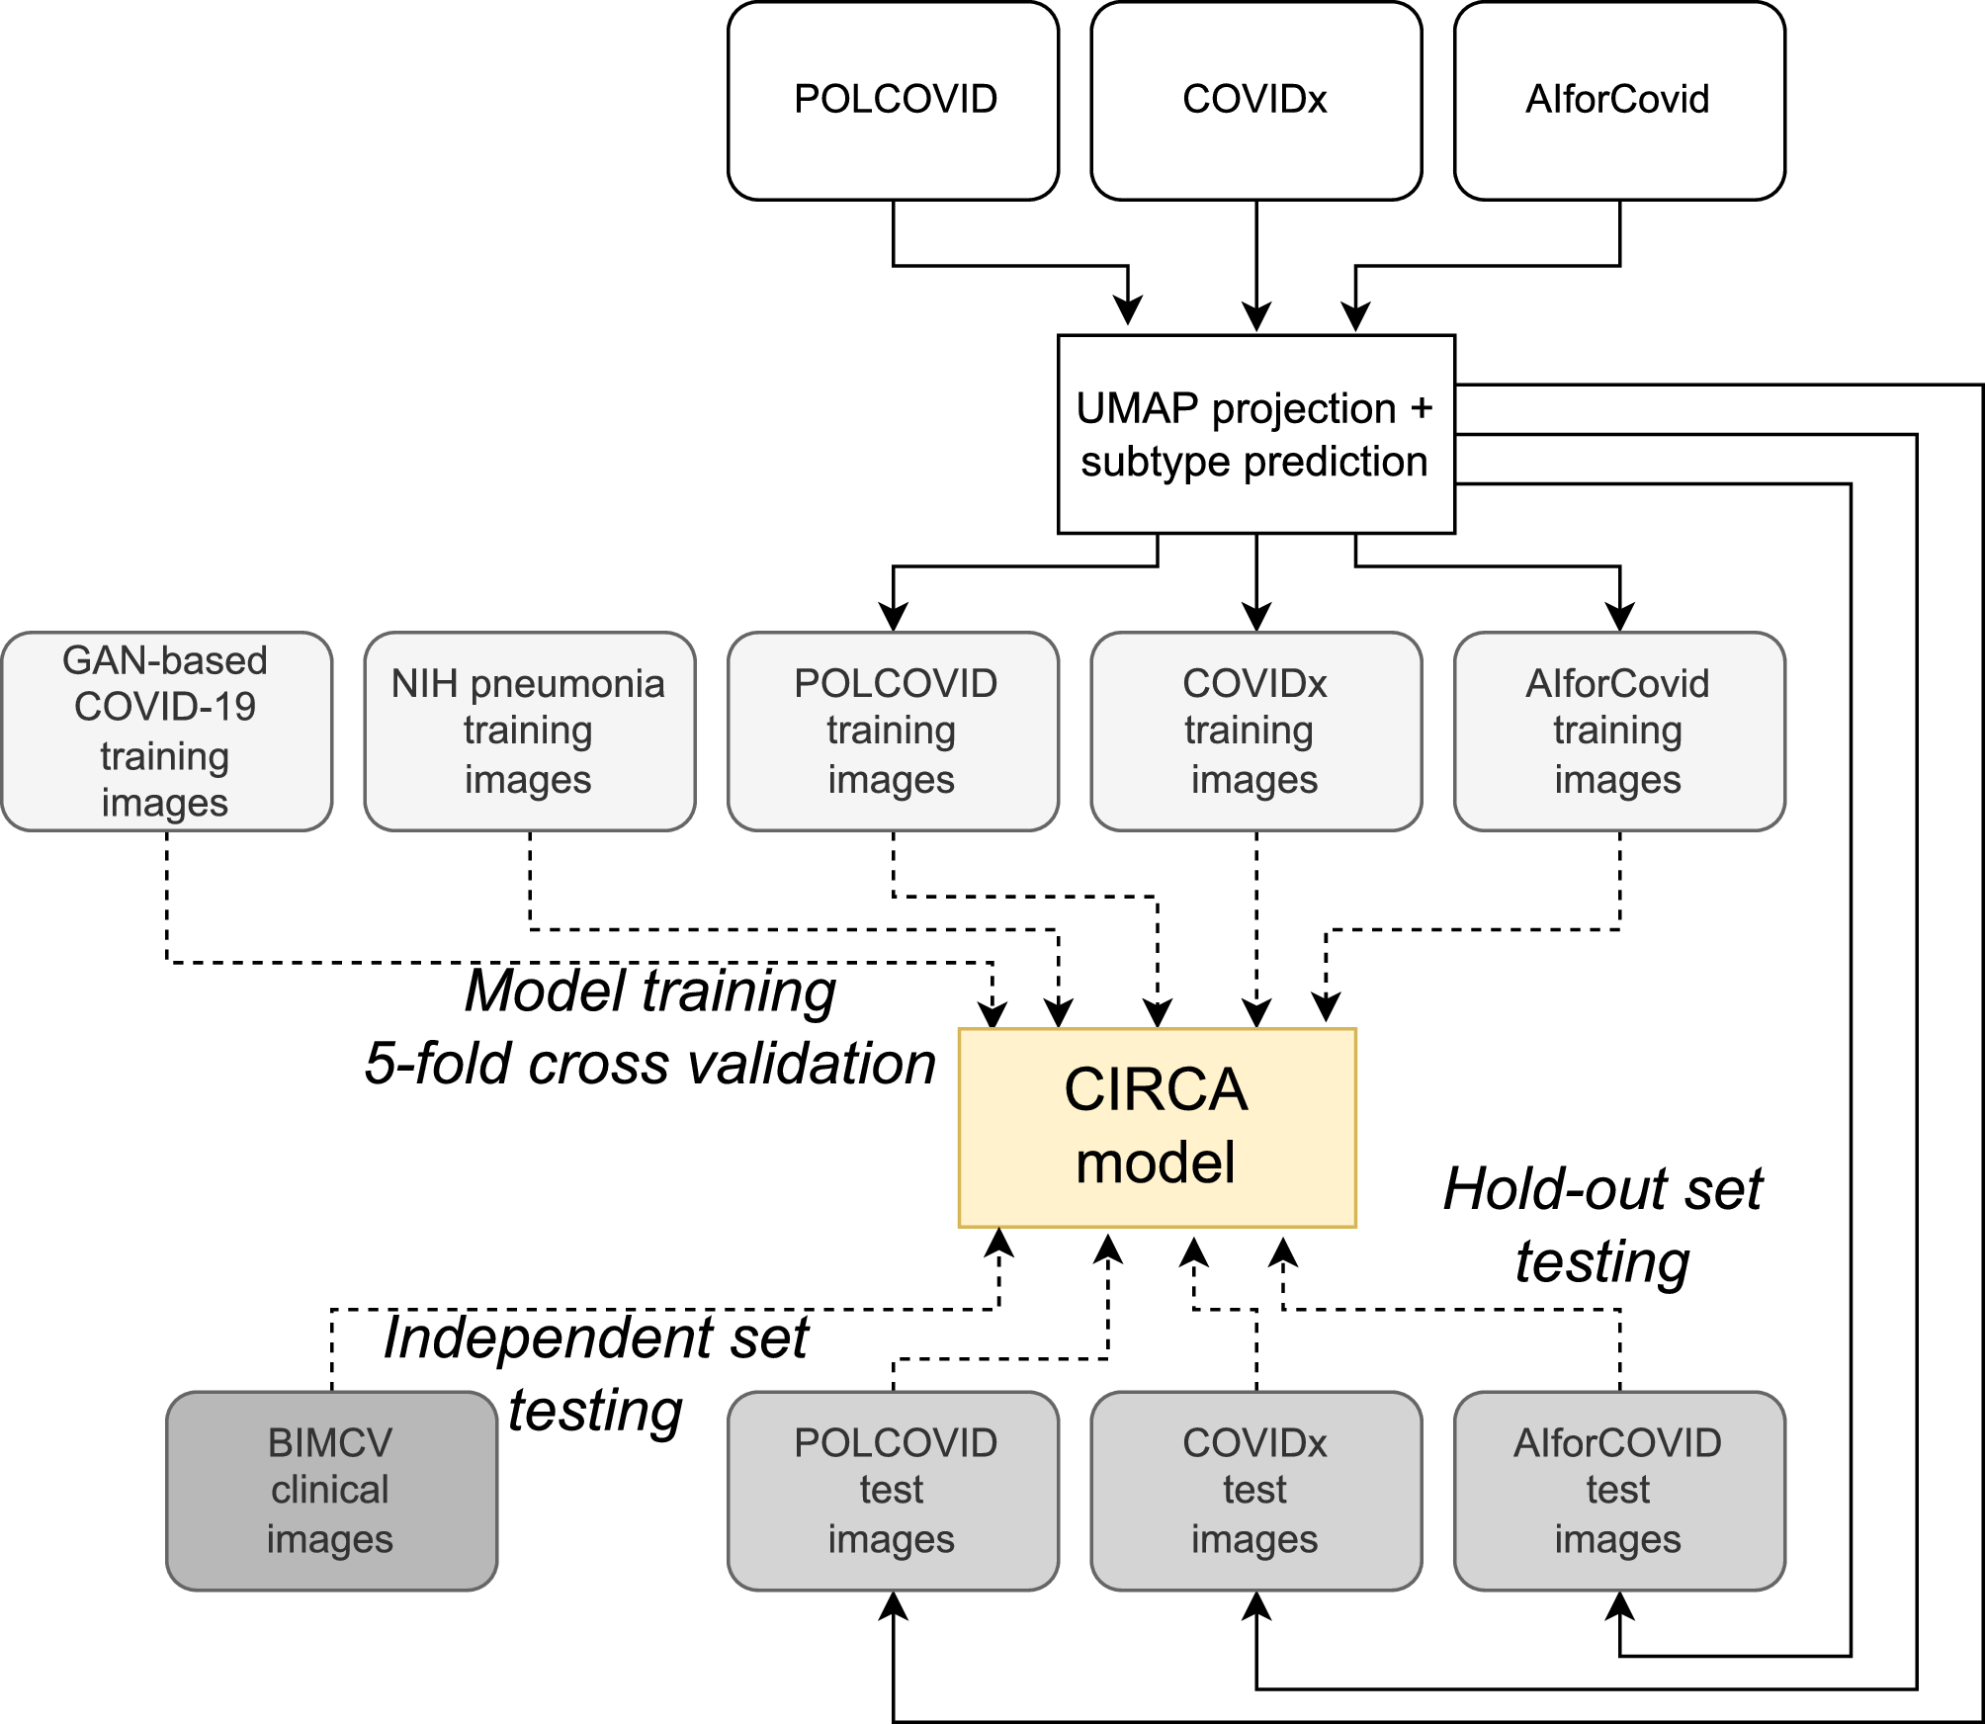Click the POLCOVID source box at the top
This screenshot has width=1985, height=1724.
(894, 101)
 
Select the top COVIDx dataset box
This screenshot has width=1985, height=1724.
(1255, 101)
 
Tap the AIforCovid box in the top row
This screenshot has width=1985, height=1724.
(1618, 101)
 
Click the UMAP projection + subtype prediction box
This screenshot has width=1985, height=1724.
(1255, 435)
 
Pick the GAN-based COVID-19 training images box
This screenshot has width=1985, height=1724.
(166, 732)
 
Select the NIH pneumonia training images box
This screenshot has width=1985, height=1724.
(529, 732)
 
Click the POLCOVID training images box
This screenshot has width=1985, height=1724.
(893, 732)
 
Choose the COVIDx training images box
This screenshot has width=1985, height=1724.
(1255, 732)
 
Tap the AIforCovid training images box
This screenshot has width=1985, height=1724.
(1618, 732)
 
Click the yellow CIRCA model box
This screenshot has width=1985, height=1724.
(1157, 1128)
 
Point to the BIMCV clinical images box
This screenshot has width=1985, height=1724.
(331, 1491)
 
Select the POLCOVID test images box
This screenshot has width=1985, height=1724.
(893, 1491)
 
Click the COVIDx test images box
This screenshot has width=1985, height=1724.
(1255, 1491)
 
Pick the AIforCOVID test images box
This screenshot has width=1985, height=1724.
(1618, 1491)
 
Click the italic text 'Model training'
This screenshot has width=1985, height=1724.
(650, 991)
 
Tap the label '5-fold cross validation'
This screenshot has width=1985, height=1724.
(650, 1065)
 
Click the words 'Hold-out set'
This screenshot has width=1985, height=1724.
(1602, 1189)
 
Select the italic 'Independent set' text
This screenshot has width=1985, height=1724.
(596, 1338)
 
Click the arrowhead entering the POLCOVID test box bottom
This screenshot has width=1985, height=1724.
(893, 1606)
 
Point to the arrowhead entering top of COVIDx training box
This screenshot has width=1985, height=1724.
(1255, 618)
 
